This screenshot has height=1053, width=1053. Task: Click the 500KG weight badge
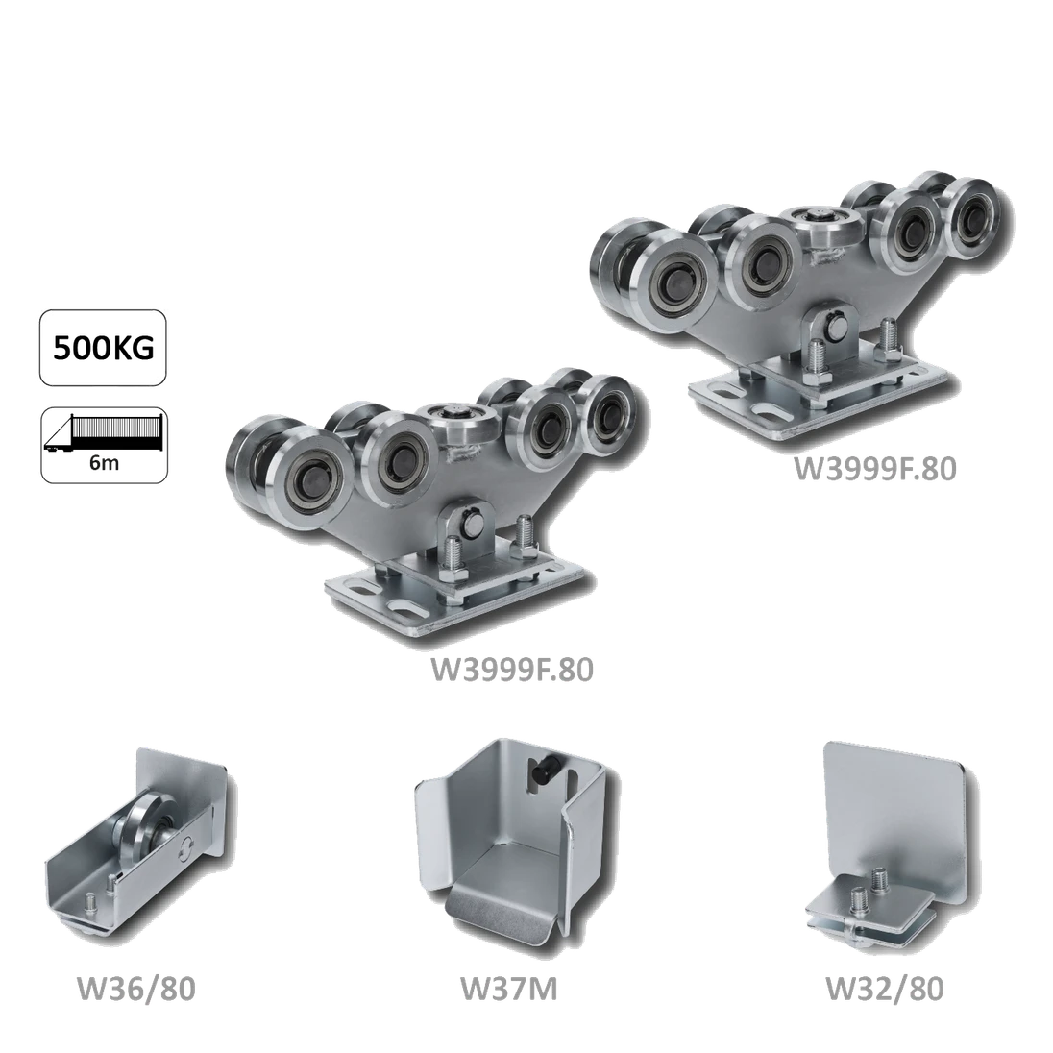(x=103, y=348)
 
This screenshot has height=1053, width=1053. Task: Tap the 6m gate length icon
(x=104, y=445)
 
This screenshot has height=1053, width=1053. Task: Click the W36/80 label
(x=136, y=989)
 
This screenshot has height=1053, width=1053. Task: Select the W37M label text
(x=508, y=989)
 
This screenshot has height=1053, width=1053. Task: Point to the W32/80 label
(x=885, y=989)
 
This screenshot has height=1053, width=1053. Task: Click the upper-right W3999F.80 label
(x=875, y=469)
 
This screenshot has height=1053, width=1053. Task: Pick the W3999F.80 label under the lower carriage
(x=512, y=670)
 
